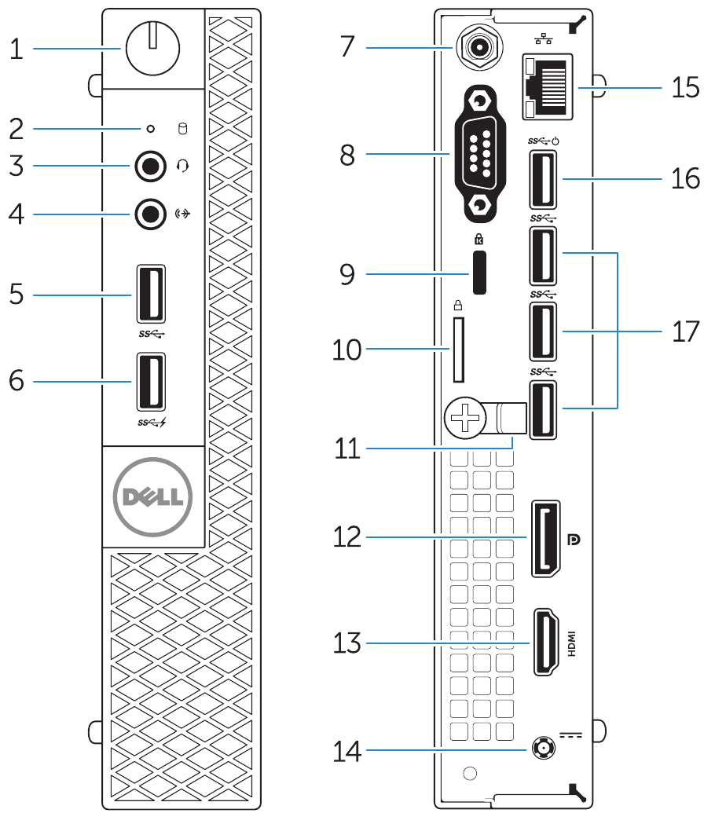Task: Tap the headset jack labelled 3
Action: click(149, 166)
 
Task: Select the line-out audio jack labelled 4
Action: click(149, 212)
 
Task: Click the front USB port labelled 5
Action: click(152, 295)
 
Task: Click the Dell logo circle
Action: click(152, 496)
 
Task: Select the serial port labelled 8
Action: click(477, 154)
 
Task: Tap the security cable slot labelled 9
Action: click(478, 273)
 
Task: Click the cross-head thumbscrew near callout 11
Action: click(465, 417)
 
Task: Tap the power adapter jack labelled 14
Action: click(541, 750)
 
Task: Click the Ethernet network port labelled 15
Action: click(548, 87)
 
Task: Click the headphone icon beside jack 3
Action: click(183, 166)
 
